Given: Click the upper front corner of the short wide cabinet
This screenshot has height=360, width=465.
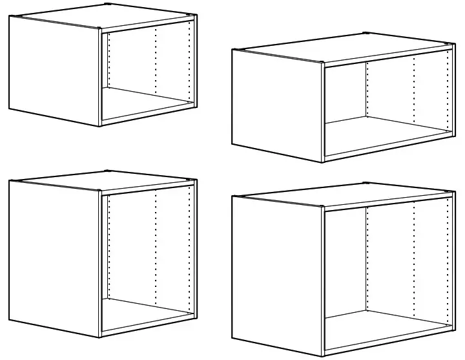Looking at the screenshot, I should click(x=323, y=63).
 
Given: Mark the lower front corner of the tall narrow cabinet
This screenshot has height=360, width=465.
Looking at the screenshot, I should click(x=100, y=337).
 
